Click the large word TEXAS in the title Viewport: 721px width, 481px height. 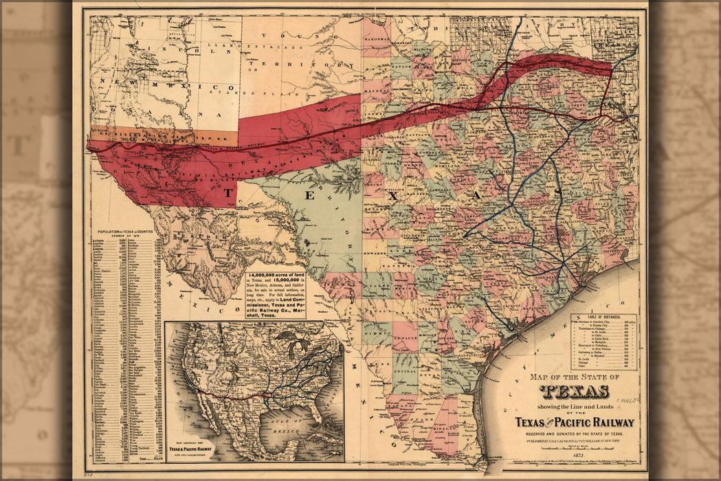click(x=574, y=392)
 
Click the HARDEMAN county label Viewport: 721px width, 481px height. click(x=376, y=39)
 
